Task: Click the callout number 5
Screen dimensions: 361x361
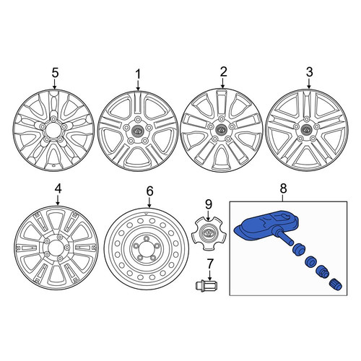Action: (55, 73)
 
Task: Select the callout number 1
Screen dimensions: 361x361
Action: (138, 74)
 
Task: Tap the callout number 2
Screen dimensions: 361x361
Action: (223, 72)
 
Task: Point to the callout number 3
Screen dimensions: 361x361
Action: (309, 72)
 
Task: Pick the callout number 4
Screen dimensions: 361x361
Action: (58, 189)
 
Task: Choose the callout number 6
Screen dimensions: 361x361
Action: (149, 191)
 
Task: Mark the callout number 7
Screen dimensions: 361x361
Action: (210, 264)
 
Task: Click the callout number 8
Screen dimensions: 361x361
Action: (284, 188)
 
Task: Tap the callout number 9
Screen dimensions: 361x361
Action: (209, 204)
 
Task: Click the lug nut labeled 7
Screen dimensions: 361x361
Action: (207, 285)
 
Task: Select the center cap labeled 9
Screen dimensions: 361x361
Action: (209, 233)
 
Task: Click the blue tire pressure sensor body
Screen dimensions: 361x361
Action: (266, 225)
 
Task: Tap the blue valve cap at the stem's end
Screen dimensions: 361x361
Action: (336, 285)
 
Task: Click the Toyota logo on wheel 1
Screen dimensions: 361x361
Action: (138, 131)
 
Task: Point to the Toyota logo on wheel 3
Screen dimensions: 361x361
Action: (306, 129)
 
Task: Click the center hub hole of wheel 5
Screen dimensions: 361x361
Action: (53, 130)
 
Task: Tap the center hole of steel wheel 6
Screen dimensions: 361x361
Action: (147, 248)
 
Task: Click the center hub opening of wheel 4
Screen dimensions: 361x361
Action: (57, 248)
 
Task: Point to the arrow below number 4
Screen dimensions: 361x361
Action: (58, 200)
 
